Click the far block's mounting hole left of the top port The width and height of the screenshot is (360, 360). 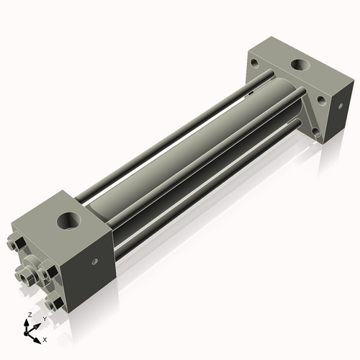[255, 63]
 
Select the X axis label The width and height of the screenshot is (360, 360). [45, 338]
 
